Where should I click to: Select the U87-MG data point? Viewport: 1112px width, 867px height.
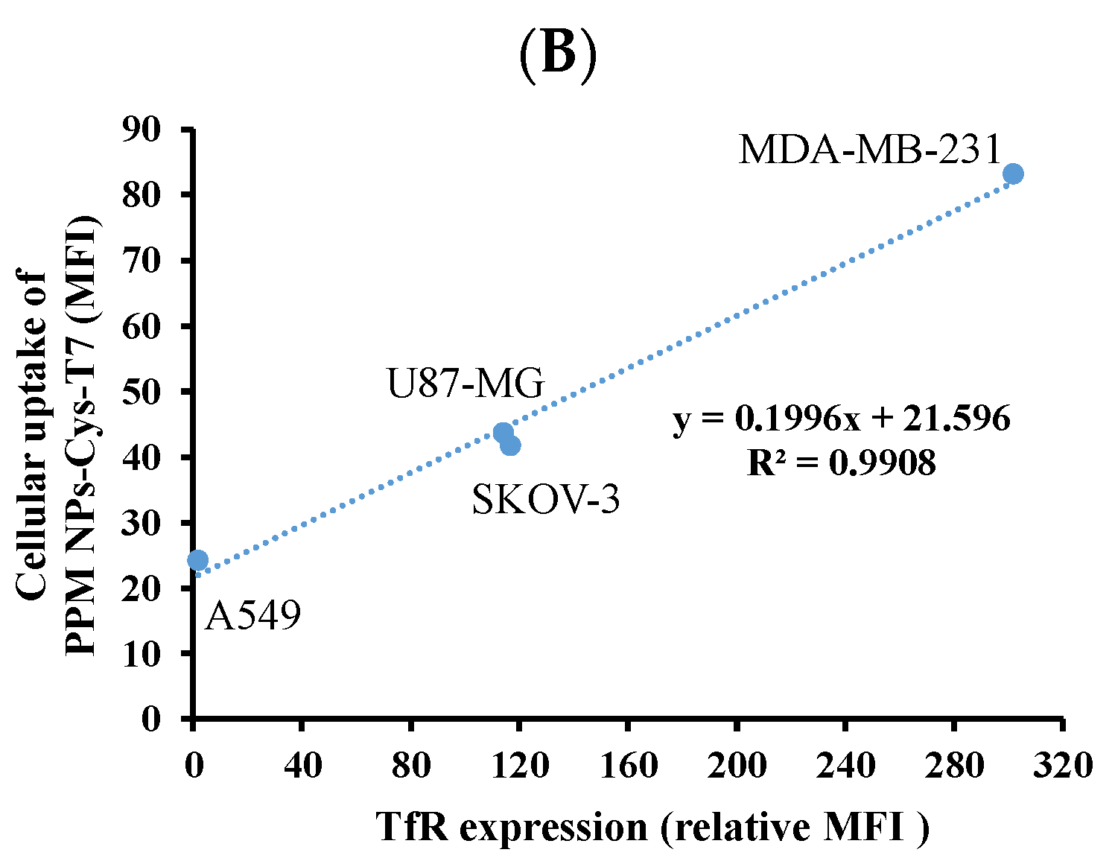pyautogui.click(x=503, y=432)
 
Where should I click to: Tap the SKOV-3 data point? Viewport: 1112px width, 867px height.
pyautogui.click(x=511, y=445)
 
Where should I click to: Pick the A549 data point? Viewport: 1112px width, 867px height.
pyautogui.click(x=197, y=559)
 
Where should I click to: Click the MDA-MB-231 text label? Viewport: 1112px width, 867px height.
pyautogui.click(x=870, y=150)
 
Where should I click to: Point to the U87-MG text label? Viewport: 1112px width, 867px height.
pyautogui.click(x=466, y=384)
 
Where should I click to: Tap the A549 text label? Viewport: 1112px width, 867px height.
pyautogui.click(x=252, y=616)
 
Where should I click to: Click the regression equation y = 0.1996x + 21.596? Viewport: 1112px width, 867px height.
pyautogui.click(x=842, y=419)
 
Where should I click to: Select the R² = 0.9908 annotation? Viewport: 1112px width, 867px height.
pyautogui.click(x=842, y=463)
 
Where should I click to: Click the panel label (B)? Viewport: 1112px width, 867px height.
pyautogui.click(x=557, y=54)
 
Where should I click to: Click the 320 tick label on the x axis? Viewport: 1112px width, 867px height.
pyautogui.click(x=1061, y=765)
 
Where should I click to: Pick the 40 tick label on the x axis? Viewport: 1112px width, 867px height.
pyautogui.click(x=302, y=765)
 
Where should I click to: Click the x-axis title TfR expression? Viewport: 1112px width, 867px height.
pyautogui.click(x=652, y=828)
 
